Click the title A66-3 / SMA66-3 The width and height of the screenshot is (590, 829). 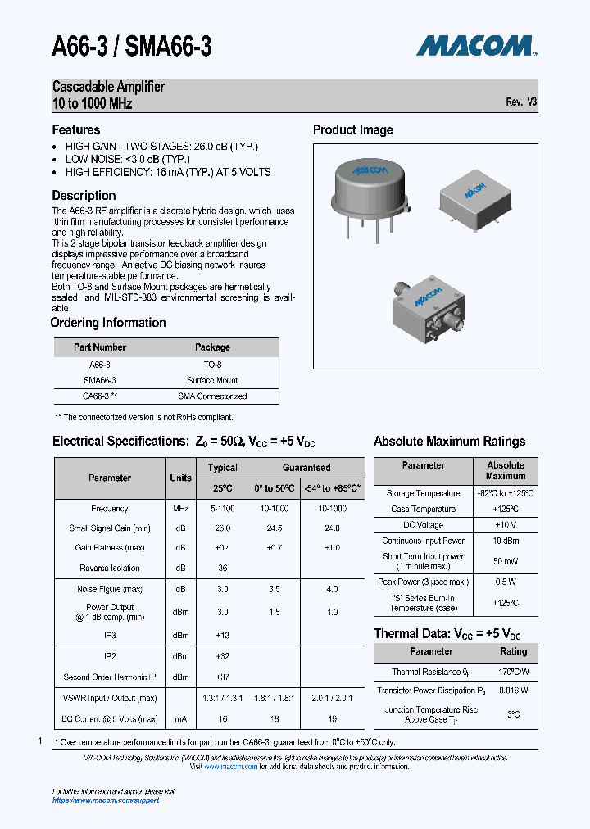pyautogui.click(x=132, y=48)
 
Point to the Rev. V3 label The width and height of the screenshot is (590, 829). pyautogui.click(x=521, y=102)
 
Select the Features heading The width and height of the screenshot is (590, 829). pyautogui.click(x=76, y=130)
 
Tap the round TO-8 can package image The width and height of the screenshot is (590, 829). pyautogui.click(x=370, y=190)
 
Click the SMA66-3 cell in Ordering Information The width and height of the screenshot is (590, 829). pyautogui.click(x=100, y=380)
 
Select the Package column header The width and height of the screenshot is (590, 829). pyautogui.click(x=212, y=347)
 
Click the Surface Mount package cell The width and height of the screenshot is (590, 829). pyautogui.click(x=212, y=380)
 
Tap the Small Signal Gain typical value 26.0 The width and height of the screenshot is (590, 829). pyautogui.click(x=222, y=528)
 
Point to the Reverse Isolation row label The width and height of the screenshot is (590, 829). pyautogui.click(x=110, y=568)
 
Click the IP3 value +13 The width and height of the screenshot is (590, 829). pyautogui.click(x=222, y=635)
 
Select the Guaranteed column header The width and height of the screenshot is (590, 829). pyautogui.click(x=306, y=468)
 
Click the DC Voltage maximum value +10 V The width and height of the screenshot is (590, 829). pyautogui.click(x=505, y=525)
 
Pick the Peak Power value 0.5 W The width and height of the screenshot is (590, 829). pyautogui.click(x=505, y=582)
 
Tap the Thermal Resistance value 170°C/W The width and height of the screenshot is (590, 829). pyautogui.click(x=513, y=672)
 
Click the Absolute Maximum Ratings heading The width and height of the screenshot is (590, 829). pyautogui.click(x=449, y=442)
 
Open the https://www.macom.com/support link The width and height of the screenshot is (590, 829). pyautogui.click(x=106, y=800)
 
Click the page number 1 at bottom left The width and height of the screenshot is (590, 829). pyautogui.click(x=40, y=741)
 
